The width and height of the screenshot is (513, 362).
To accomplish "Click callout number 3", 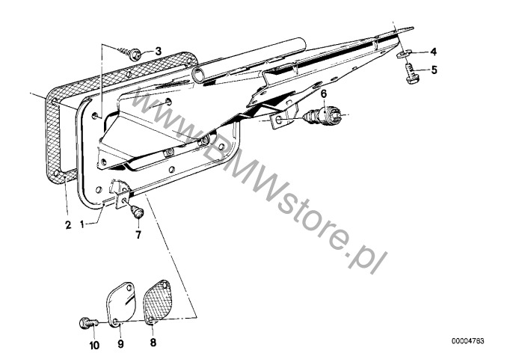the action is click(159, 52).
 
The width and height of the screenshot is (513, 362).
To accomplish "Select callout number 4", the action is click(434, 52).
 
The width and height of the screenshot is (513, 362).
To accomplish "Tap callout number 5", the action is click(434, 70).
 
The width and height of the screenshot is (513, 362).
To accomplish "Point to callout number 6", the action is click(324, 94).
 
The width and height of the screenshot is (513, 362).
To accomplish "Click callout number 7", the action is click(138, 234).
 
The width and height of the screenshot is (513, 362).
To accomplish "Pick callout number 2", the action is click(68, 225).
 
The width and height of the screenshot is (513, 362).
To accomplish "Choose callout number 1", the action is click(82, 225).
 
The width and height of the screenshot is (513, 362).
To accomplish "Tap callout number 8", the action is click(153, 343).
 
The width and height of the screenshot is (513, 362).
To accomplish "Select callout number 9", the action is click(120, 344).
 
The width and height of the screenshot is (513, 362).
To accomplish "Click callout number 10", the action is click(94, 346).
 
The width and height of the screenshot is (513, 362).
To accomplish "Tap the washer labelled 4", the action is click(405, 53).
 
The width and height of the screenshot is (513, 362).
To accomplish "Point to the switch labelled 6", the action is click(322, 114).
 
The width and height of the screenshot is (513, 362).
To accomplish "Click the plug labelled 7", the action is click(138, 211).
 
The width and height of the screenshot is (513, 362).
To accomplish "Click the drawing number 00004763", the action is click(468, 341).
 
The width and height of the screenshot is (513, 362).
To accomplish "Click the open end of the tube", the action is click(198, 76).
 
